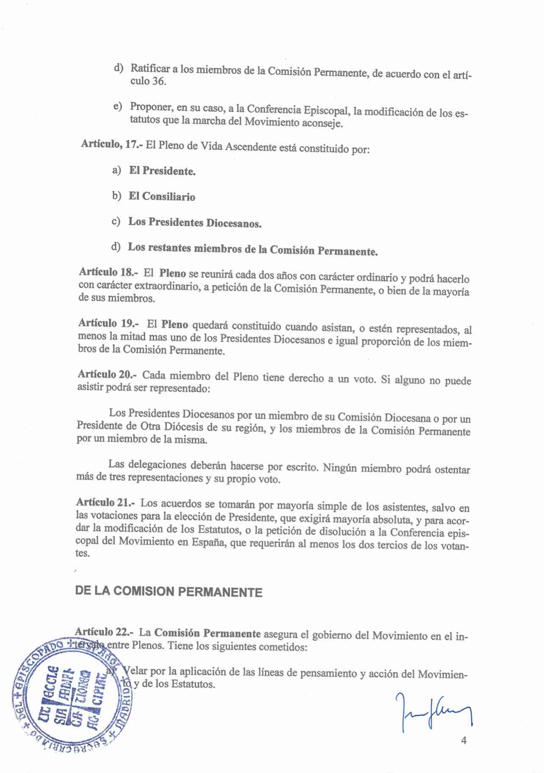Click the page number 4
pos(464,740)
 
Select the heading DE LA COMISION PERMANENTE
pos(168,591)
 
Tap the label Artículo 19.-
pos(108,323)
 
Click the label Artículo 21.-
pos(105,503)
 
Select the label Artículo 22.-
pos(104,632)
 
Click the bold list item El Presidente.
pos(162,171)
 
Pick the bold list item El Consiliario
pos(162,196)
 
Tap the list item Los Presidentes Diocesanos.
pos(194,222)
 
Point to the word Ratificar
pos(150,68)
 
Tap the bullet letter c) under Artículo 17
pos(116,221)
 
